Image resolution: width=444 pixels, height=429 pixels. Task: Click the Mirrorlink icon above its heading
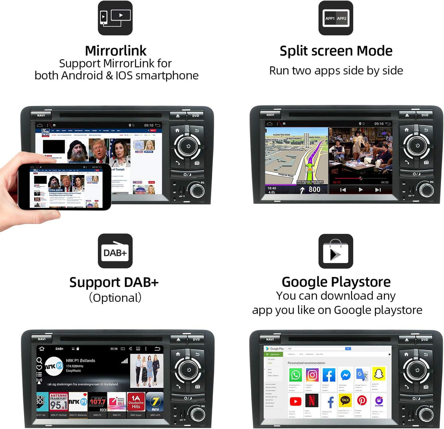coord(115,18)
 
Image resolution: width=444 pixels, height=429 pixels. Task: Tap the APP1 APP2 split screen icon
coord(335,18)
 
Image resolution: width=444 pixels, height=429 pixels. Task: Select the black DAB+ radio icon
coord(115,251)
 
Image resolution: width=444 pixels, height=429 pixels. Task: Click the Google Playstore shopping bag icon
coord(335,251)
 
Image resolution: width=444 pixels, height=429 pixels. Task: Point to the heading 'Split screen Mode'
coord(335,51)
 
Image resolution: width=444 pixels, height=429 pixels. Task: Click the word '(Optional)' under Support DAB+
coord(115,298)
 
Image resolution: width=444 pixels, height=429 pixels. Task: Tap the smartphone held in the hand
coord(65,187)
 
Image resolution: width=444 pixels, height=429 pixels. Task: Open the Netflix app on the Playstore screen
coord(312,401)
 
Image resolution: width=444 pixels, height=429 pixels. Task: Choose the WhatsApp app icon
coord(295,375)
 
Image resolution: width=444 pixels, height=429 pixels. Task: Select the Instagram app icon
coord(312,375)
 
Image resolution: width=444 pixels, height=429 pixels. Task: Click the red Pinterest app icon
coord(362,401)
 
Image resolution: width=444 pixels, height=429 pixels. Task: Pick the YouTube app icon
coord(295,401)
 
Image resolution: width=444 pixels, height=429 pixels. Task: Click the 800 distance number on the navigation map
coord(314,189)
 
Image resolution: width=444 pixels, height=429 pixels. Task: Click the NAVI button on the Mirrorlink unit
coord(41,115)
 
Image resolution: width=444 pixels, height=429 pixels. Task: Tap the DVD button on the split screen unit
coord(424,115)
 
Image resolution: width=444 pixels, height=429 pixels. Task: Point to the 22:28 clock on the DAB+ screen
coord(114,349)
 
